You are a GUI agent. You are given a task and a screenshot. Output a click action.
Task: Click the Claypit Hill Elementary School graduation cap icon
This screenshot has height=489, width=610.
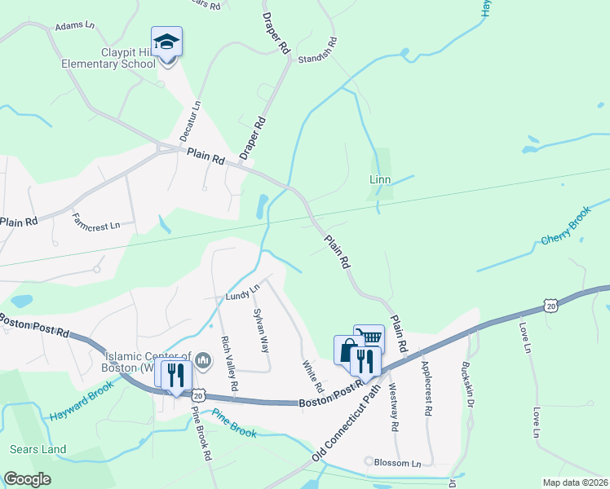tap(167, 42)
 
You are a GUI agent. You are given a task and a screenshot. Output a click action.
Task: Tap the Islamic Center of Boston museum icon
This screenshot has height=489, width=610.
tap(204, 359)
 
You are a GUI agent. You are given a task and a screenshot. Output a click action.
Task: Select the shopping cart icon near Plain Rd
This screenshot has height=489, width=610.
tap(369, 337)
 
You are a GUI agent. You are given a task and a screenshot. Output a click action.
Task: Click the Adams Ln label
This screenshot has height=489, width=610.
tap(75, 27)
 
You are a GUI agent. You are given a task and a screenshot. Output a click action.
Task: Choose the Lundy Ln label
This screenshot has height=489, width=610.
tap(243, 291)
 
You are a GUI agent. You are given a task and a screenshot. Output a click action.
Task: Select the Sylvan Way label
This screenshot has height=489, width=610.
tap(261, 329)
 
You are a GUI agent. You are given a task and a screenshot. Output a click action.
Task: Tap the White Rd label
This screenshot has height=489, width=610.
tap(312, 376)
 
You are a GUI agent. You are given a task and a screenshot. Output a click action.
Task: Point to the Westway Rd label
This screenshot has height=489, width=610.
tap(393, 407)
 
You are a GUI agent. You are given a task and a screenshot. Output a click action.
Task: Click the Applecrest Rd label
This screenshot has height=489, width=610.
tap(425, 389)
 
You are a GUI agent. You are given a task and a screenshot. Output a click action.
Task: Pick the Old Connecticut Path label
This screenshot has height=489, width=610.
tap(349, 424)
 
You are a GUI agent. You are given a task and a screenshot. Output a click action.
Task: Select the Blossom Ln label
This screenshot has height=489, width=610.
tap(397, 463)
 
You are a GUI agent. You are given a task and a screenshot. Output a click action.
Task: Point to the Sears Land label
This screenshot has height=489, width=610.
tap(38, 449)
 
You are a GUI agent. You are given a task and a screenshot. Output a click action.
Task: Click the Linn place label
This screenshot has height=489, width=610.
tap(380, 179)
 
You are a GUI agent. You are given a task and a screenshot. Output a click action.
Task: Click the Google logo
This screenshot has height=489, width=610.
tap(27, 479)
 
